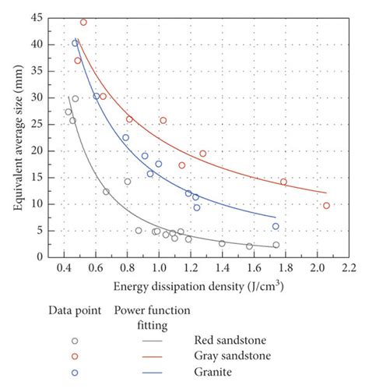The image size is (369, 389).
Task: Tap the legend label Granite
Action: pos(215,373)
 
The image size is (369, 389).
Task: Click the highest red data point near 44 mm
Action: pos(83,23)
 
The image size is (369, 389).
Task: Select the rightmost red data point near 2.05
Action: pos(326,206)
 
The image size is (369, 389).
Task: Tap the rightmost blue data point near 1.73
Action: pos(276,226)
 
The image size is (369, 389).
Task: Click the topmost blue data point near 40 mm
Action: pos(76,43)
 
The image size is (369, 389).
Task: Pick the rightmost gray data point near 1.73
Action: pos(276,245)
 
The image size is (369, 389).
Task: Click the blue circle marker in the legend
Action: pos(75,373)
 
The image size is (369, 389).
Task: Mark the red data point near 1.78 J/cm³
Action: pos(283,182)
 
